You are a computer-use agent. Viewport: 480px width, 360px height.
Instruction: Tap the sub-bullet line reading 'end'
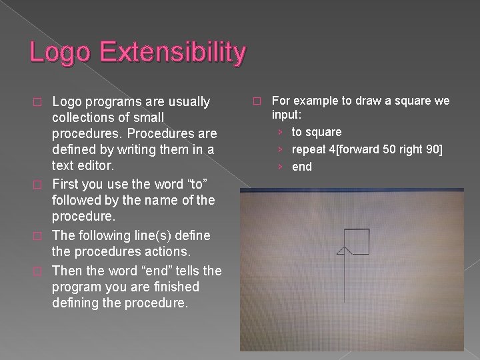[x=302, y=167]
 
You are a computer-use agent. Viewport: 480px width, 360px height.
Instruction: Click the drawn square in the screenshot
[x=357, y=241]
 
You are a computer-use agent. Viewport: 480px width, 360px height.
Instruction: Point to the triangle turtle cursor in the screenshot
[x=343, y=251]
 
